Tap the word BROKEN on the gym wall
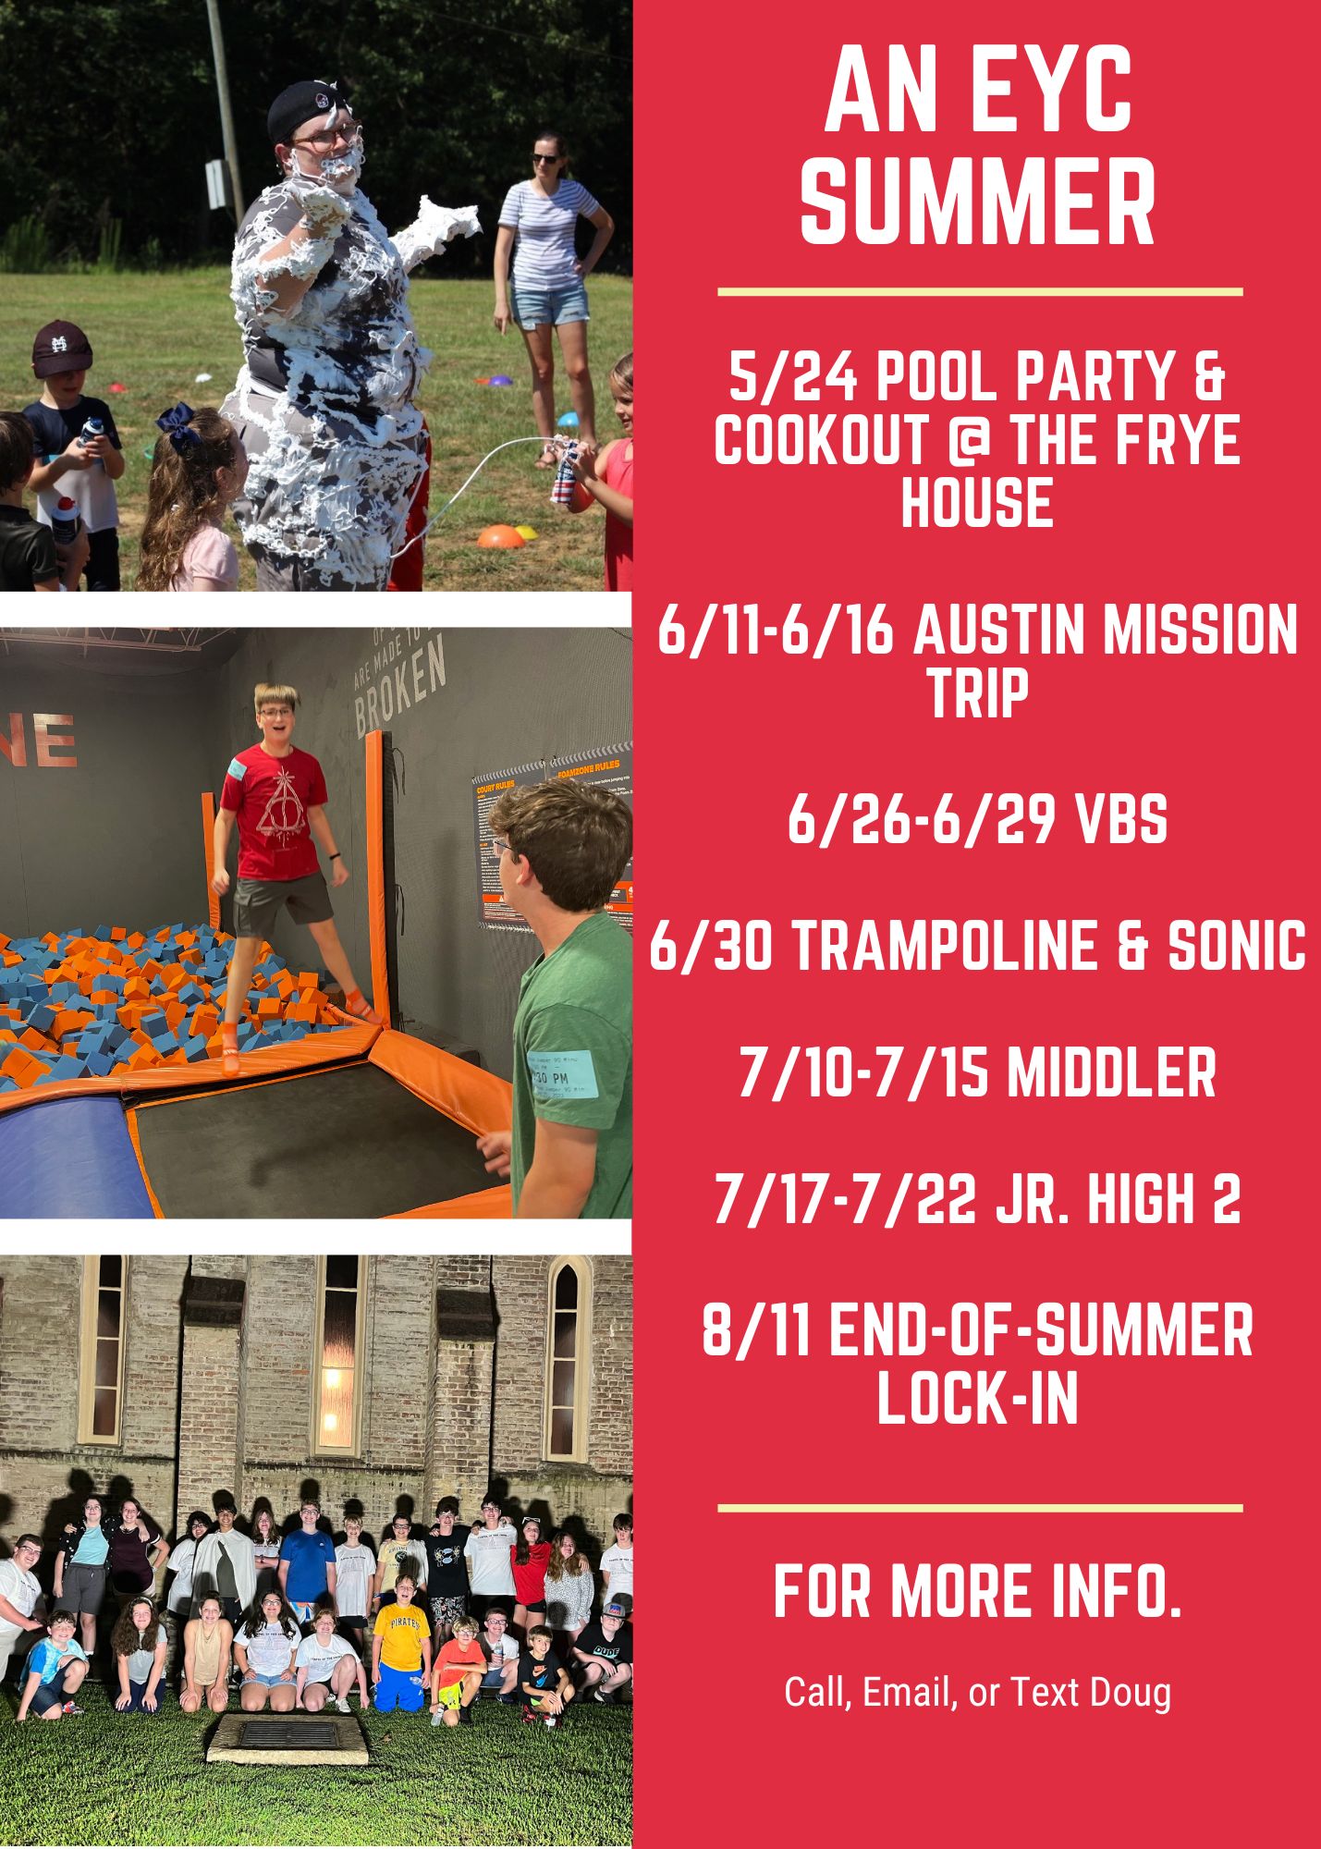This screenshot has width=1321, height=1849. [401, 687]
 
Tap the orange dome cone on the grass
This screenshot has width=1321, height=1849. [498, 535]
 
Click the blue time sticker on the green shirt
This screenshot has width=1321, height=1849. [562, 1073]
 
